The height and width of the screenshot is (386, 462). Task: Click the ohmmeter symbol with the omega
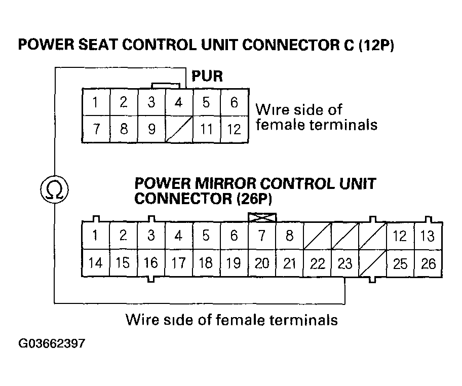pos(53,189)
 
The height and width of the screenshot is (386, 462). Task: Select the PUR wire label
pos(207,77)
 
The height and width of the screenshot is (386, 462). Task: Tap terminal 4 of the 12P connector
pos(178,103)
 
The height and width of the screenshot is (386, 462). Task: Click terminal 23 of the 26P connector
pos(344,263)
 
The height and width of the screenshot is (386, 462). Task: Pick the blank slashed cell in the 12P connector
pos(178,129)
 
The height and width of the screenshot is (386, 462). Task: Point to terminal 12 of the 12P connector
pos(234,129)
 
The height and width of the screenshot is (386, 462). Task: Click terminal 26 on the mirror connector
pos(428,263)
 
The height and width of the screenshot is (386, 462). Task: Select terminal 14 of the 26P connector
pos(95,263)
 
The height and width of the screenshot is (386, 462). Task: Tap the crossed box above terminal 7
pos(262,217)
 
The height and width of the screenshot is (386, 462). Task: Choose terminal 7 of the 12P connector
pos(95,129)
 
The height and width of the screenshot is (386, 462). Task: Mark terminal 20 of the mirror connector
pos(262,263)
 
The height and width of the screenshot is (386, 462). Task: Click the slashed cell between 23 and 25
pos(372,263)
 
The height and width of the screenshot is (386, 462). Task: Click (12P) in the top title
pos(376,46)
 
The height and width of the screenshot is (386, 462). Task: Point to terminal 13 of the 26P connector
pos(428,236)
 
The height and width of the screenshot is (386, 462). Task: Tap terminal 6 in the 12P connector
pos(234,103)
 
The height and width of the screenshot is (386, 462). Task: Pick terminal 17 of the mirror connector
pos(178,263)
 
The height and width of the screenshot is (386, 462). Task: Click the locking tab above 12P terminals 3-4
pos(165,86)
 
